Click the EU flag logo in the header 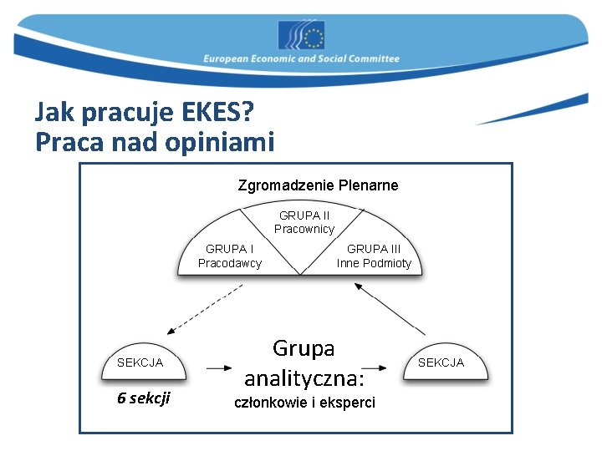pos(301,36)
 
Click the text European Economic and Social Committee pos(301,59)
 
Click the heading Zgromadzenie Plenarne pos(318,185)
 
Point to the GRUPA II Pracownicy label pos(304,222)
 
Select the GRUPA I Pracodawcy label pos(230,256)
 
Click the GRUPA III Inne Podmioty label pos(374,256)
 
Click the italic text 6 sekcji pos(143,398)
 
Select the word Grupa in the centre pos(304,347)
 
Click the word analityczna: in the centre pos(304,379)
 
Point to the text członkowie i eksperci pos(304,403)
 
